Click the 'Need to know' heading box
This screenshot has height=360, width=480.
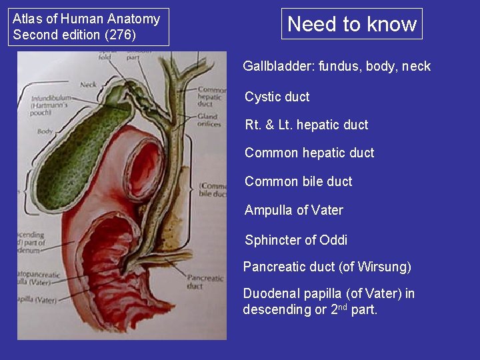coord(352,25)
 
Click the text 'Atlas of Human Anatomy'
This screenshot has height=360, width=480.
coord(86,19)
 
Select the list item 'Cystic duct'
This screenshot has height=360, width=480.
coord(277,97)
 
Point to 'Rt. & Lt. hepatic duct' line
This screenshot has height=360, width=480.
coord(306,125)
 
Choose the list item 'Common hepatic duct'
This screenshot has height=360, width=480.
coord(309,153)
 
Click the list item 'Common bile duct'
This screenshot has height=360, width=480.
coord(298,181)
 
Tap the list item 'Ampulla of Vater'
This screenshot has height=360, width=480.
coord(293,210)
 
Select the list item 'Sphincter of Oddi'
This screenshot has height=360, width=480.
coord(296,240)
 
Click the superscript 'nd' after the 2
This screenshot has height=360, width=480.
coord(341,307)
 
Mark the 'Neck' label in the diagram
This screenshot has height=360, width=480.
coord(88,84)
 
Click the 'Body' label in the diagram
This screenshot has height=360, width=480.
coord(45,131)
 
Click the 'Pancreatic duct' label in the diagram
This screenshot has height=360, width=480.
coord(204,281)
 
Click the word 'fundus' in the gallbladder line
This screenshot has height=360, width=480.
coord(338,66)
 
